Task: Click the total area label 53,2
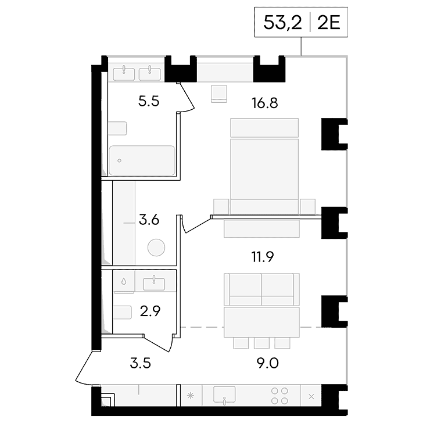point(282,23)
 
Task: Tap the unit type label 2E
point(328,23)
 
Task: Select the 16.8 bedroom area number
point(264,103)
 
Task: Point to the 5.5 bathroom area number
point(149,102)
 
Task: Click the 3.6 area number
point(149,220)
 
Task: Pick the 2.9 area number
point(150,311)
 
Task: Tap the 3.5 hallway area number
point(140,363)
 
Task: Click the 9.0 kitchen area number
point(267,363)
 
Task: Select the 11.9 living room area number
point(263,257)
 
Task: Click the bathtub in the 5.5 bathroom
point(142,160)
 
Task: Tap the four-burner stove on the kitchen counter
point(279,396)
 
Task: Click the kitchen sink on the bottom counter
point(224,395)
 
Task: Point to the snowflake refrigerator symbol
point(191,396)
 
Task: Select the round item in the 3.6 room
point(156,248)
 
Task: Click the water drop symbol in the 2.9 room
point(124,282)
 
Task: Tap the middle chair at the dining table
point(261,343)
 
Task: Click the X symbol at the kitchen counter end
point(311,396)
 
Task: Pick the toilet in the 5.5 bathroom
point(117,128)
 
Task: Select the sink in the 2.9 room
point(154,284)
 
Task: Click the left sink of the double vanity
point(124,74)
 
